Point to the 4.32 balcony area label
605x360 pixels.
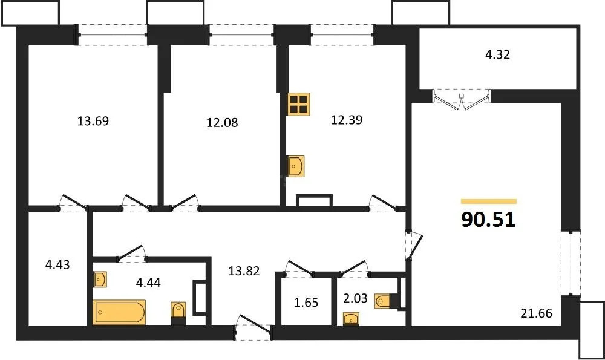coord(497,54)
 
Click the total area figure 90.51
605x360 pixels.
coord(488,220)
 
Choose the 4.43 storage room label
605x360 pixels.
coord(58,265)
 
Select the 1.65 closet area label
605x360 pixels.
coord(306,302)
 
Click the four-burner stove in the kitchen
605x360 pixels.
coord(299,104)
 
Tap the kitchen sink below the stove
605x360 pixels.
coord(296,166)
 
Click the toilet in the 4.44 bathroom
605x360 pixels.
coord(178,312)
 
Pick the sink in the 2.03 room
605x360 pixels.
coord(350,318)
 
